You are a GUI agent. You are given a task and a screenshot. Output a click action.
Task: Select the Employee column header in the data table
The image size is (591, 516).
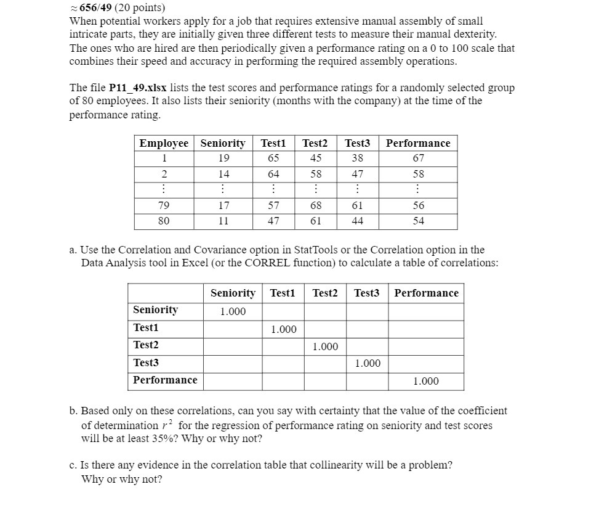click(x=164, y=143)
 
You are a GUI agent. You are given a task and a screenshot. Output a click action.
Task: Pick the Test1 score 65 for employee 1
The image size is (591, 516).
click(x=273, y=158)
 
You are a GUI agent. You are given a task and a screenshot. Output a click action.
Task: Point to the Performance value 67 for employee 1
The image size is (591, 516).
click(x=418, y=158)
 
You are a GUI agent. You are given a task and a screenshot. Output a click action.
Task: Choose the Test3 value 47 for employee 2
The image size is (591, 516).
click(x=357, y=174)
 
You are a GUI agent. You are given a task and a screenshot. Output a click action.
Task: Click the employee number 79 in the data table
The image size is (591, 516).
click(x=164, y=205)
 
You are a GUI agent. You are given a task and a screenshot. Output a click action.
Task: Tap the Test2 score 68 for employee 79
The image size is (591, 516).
click(x=316, y=205)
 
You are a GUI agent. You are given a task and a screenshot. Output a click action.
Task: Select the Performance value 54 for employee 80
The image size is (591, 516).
click(x=418, y=221)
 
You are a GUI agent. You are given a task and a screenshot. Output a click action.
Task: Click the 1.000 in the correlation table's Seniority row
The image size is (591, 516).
click(x=233, y=311)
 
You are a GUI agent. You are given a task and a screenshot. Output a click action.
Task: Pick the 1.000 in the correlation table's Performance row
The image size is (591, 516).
click(x=425, y=381)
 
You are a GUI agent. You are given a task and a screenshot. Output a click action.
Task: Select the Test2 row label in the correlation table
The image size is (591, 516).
click(x=146, y=345)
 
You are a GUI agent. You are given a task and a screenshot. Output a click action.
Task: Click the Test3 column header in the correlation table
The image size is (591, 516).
click(x=367, y=293)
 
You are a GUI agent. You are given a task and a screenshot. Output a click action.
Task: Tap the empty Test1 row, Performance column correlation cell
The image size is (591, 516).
click(x=425, y=329)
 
